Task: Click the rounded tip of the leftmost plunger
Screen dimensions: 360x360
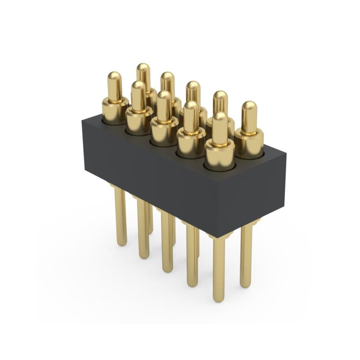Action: coord(114,76)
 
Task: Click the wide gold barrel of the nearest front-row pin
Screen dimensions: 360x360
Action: coord(220,155)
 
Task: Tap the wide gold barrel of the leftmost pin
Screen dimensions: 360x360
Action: coord(114,110)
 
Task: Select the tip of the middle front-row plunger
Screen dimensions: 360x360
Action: coord(164,96)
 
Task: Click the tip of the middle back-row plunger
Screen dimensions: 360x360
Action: coord(193,86)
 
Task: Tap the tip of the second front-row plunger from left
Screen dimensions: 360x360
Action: coord(138,85)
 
